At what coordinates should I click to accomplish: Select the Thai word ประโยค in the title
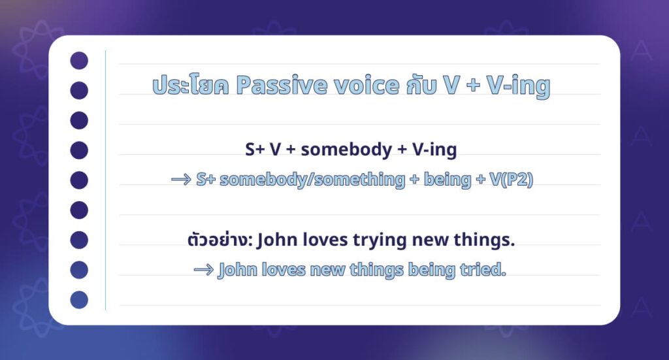pyautogui.click(x=190, y=86)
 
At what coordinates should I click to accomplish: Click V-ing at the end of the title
pyautogui.click(x=518, y=87)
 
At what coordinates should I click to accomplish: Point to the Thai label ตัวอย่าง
pyautogui.click(x=220, y=240)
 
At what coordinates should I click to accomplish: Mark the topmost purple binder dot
pyautogui.click(x=79, y=61)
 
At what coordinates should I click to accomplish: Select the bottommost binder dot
pyautogui.click(x=79, y=299)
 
